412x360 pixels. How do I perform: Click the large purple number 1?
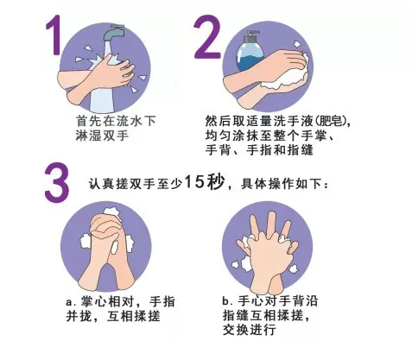[54, 35]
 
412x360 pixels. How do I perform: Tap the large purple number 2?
[207, 36]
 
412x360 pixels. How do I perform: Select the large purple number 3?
[57, 182]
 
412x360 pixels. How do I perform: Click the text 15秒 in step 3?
[204, 182]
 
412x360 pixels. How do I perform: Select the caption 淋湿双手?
[102, 136]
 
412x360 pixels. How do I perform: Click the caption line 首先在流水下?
[116, 121]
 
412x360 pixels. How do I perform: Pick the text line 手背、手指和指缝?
[259, 150]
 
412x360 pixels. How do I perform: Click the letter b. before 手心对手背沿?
[227, 301]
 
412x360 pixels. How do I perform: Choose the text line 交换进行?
[250, 330]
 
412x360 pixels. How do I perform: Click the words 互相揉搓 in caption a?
[133, 316]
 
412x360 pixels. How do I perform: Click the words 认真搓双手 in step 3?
[122, 184]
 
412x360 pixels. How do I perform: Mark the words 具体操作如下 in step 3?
[281, 184]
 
